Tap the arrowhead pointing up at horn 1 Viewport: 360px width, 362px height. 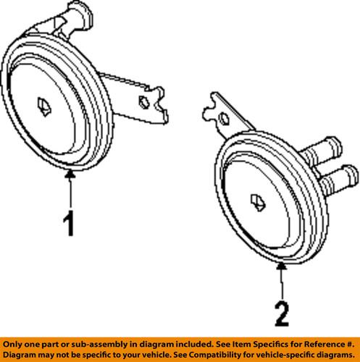coord(70,175)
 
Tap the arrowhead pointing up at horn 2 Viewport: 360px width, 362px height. coord(281,267)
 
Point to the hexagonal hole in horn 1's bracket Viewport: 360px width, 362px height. coord(143,101)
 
